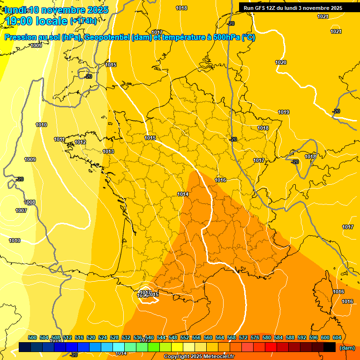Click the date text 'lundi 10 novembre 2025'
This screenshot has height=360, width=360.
coord(56,10)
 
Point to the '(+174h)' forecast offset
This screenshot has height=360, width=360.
coord(83,21)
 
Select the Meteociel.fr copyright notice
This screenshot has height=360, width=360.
coord(199,356)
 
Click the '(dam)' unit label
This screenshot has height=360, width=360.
coord(347,348)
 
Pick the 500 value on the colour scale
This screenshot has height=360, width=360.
coord(32,338)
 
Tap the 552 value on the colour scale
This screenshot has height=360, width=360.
coord(185,338)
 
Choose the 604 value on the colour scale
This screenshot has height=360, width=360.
coord(337,338)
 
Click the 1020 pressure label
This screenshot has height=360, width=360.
coord(281,62)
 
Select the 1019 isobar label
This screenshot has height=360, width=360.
coord(284,112)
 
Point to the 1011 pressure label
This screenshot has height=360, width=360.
coord(59,139)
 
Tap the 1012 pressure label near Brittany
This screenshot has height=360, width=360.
coord(80,142)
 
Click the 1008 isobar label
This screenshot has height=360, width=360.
coord(30,202)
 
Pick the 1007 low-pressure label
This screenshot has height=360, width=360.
coord(21,210)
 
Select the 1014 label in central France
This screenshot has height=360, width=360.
coord(183,194)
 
